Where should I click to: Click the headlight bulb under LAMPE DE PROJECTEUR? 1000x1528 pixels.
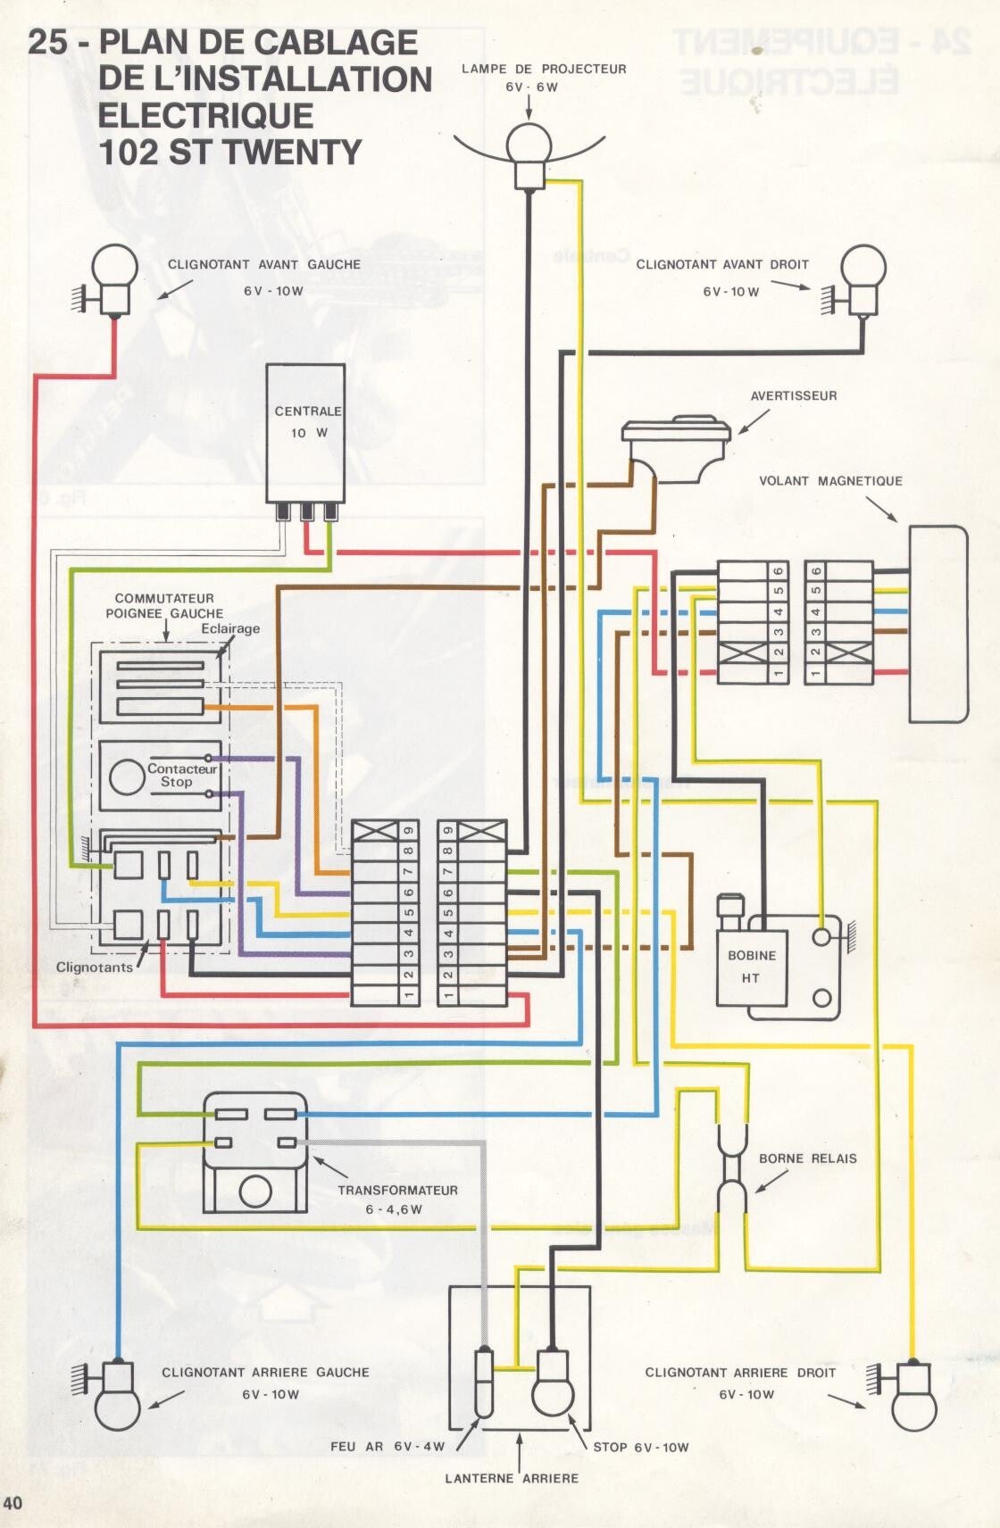click(529, 144)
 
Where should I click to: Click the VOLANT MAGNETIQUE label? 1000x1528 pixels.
click(830, 481)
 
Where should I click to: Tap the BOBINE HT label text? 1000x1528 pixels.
click(751, 967)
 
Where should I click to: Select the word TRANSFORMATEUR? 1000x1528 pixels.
click(397, 1190)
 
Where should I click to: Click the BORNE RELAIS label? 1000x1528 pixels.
click(807, 1158)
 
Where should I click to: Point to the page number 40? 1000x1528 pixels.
click(12, 1502)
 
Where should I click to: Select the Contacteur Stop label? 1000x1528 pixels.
click(181, 775)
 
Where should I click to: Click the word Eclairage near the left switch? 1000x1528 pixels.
click(230, 628)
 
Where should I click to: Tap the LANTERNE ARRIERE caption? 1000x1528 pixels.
click(512, 1478)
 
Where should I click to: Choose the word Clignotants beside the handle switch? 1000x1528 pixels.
click(94, 967)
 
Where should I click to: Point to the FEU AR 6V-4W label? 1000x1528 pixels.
click(387, 1446)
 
